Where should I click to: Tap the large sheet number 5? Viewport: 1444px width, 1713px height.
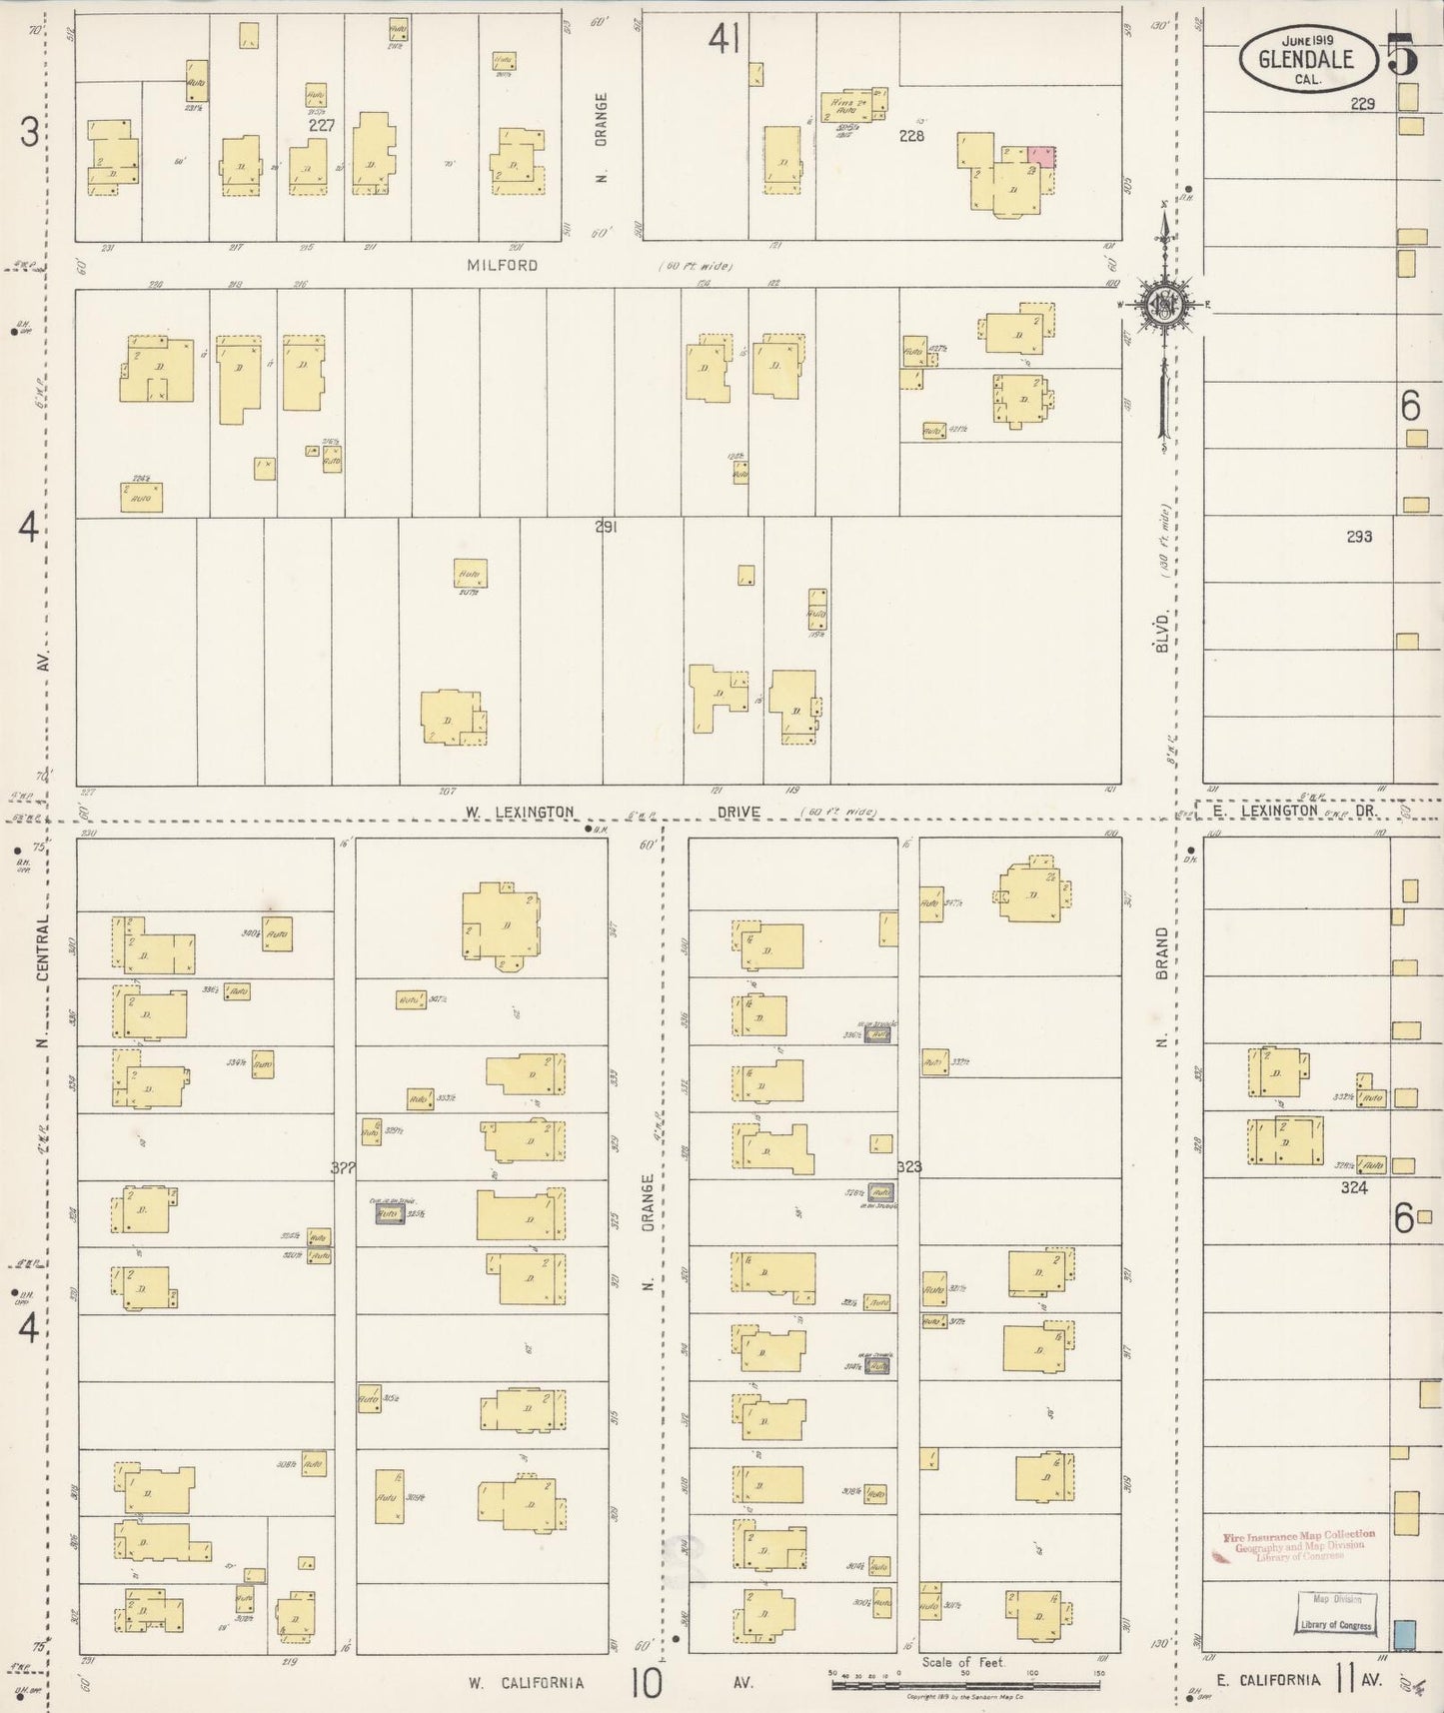coord(1402,56)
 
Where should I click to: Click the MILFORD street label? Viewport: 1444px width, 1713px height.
coord(502,265)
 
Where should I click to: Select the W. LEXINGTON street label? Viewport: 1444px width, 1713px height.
coord(519,812)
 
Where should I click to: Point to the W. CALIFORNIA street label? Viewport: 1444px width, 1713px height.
coord(526,1682)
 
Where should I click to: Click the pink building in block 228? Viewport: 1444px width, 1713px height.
coord(1041,156)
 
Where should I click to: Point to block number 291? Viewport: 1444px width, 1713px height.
coord(606,527)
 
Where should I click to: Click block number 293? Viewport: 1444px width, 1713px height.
coord(1358,537)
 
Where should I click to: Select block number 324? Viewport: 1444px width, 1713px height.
coord(1354,1187)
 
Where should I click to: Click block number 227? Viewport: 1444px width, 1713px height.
coord(322,126)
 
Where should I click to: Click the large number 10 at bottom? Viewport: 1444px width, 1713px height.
coord(645,1682)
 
